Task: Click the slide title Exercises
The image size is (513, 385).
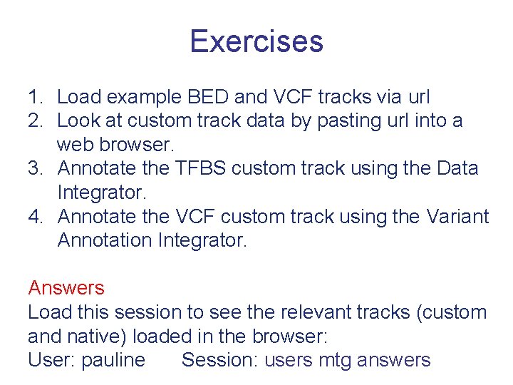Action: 256,41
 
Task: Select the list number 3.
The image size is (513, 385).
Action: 36,169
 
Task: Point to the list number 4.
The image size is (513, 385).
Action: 36,217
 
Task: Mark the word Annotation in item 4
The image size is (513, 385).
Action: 103,241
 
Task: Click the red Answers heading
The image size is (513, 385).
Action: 66,289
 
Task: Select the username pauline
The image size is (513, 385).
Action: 113,361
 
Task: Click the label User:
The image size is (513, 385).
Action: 51,361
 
